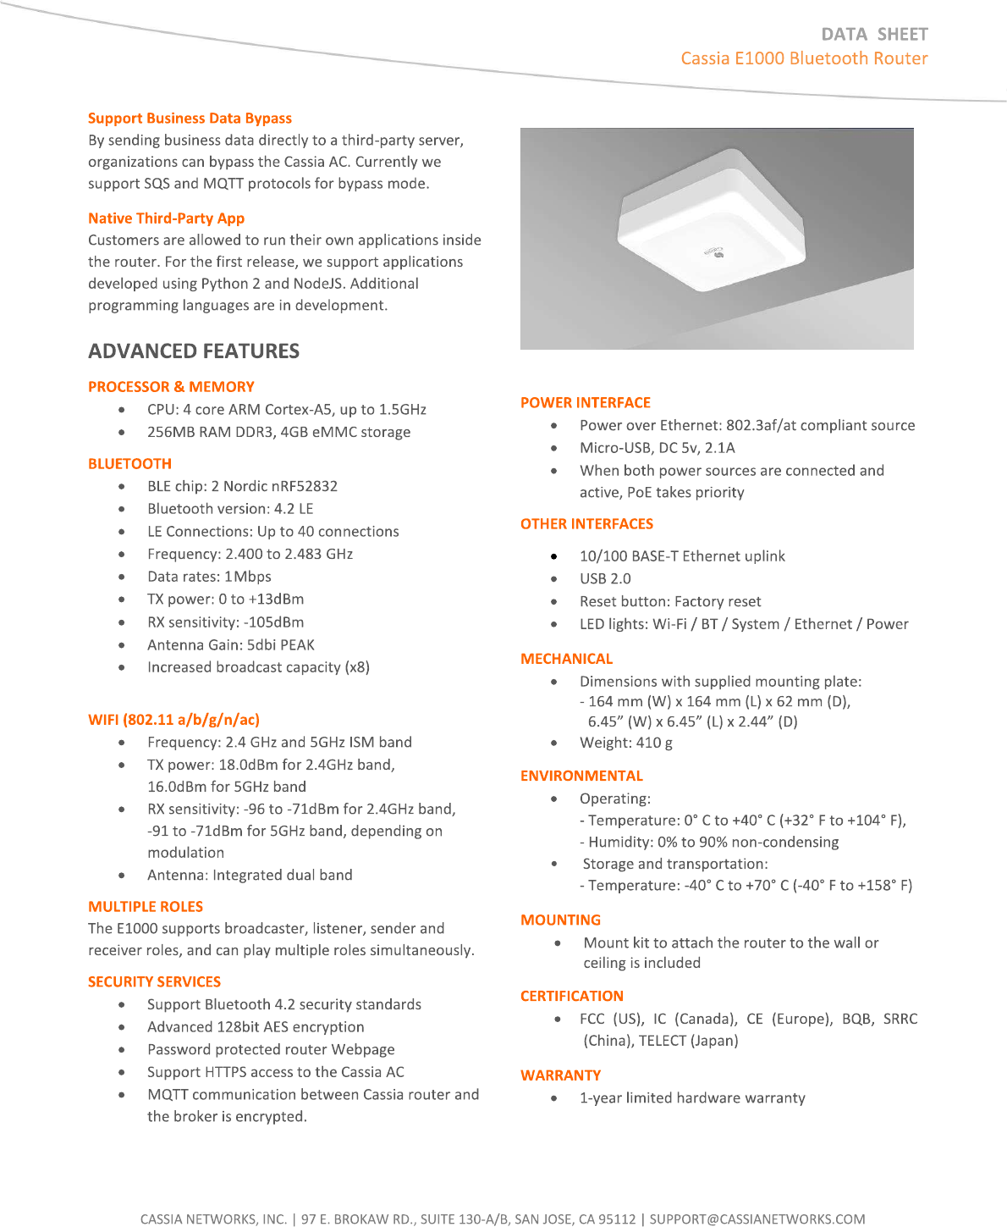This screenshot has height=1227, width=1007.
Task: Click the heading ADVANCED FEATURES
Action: pyautogui.click(x=194, y=351)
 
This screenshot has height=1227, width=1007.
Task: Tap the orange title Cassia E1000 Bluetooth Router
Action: pyautogui.click(x=804, y=58)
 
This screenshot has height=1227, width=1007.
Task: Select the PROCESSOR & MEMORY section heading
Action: pyautogui.click(x=171, y=387)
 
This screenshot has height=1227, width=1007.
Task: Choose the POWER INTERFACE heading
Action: pyautogui.click(x=586, y=403)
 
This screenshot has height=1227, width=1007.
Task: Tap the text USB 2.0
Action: pyautogui.click(x=605, y=579)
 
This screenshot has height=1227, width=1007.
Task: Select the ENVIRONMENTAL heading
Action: pyautogui.click(x=581, y=777)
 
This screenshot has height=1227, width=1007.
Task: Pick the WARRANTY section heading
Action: pyautogui.click(x=560, y=1075)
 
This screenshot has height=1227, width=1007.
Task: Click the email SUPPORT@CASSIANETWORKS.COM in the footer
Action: pyautogui.click(x=757, y=1219)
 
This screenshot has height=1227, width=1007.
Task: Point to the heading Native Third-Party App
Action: pyautogui.click(x=166, y=218)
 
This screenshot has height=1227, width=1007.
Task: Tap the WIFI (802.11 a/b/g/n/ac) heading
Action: pyautogui.click(x=173, y=720)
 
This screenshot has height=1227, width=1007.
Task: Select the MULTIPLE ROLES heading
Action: pyautogui.click(x=146, y=907)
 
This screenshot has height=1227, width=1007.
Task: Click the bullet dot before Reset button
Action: pyautogui.click(x=554, y=602)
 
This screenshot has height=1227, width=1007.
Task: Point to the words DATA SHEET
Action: pyautogui.click(x=874, y=35)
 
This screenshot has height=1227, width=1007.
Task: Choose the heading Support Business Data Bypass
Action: pyautogui.click(x=190, y=119)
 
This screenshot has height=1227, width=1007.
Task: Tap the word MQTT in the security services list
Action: pyautogui.click(x=168, y=1095)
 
